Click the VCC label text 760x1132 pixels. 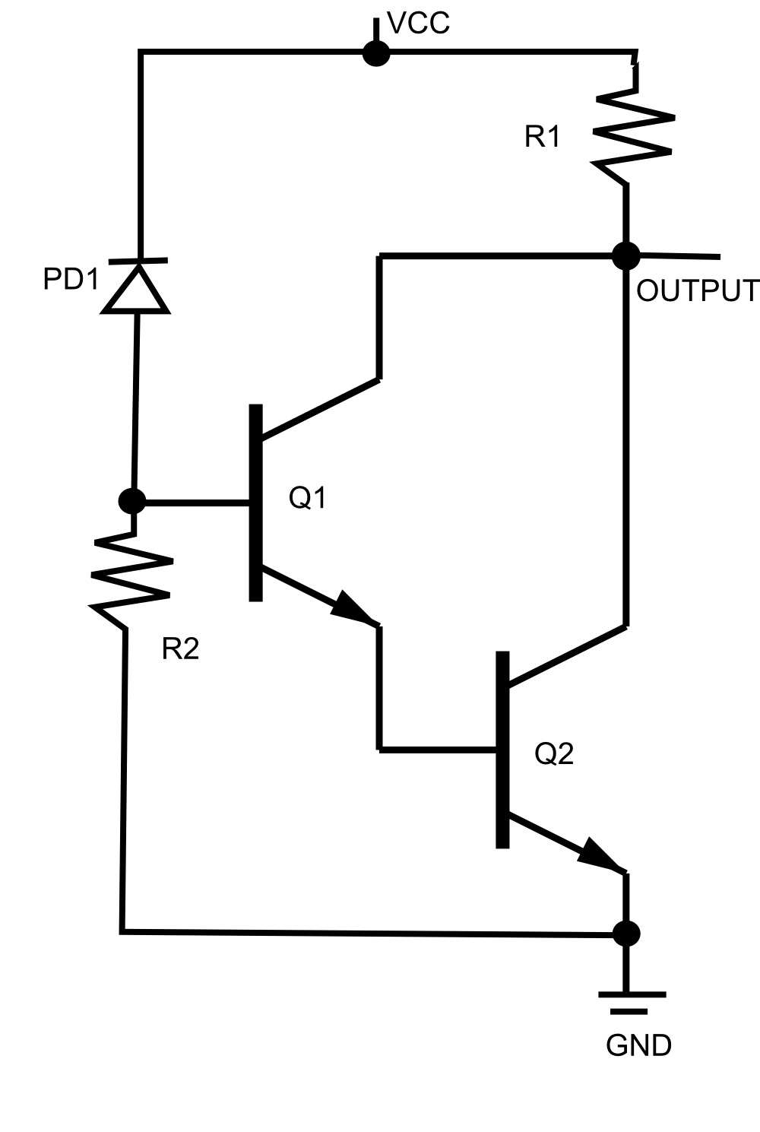(419, 24)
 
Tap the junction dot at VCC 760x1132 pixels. (375, 53)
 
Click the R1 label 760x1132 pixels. (543, 137)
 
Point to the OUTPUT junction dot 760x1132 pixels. (626, 255)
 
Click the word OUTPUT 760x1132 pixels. (697, 290)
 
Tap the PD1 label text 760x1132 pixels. (71, 280)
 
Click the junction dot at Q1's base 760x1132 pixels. (132, 501)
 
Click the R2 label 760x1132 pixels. (180, 648)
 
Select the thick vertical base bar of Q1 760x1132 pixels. (256, 503)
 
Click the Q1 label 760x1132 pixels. (308, 498)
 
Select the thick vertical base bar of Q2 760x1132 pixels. (502, 749)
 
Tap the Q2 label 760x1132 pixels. (554, 753)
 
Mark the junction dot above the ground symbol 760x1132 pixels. (626, 933)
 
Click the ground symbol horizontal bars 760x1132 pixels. (631, 1001)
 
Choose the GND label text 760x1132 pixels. (638, 1046)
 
